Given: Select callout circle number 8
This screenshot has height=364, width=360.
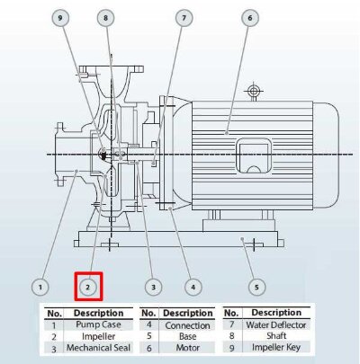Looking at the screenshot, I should pos(106,18).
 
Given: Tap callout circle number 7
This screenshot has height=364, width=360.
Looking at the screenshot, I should pos(184,18).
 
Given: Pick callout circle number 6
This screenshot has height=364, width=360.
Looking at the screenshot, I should pos(249,18).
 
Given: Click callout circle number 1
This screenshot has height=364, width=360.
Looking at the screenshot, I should pos(39,288).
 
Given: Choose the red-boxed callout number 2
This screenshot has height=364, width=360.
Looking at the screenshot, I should pos(88,288).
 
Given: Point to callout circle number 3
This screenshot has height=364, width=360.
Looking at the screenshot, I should pos(154,288).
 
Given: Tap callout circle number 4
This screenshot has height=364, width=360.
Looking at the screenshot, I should pos(192,288).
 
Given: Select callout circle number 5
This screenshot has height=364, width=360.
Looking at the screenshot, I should pos(256,288).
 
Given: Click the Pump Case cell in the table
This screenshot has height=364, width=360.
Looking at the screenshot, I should pos(93,324).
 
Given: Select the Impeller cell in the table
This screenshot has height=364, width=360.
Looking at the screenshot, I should pos(93,335).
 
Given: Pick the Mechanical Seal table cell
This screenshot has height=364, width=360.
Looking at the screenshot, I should pos(93,347).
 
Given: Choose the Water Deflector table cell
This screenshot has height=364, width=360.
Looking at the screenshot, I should pos(276,324).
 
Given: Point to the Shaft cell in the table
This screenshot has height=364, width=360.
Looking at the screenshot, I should pos(276,335).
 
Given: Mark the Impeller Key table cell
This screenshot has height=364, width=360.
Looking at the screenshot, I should pos(276,347).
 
